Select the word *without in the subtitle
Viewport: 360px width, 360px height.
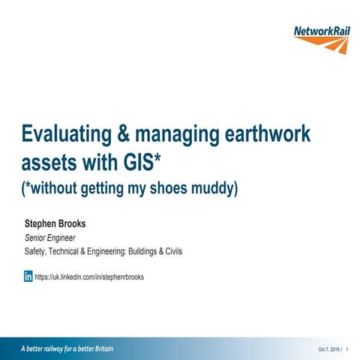point(52,187)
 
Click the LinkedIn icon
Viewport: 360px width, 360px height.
point(28,276)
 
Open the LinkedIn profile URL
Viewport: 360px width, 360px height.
point(89,277)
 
